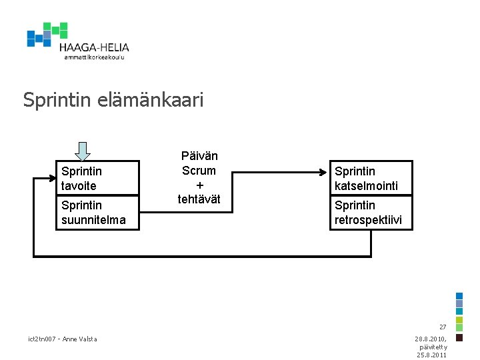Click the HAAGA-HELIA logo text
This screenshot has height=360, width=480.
pos(93,47)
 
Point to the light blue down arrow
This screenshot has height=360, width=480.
pos(82,151)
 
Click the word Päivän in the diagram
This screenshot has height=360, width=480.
pos(199,156)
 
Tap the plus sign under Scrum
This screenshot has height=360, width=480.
pos(199,185)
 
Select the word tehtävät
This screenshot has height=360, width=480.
pos(199,199)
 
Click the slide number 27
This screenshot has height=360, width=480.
pos(442,327)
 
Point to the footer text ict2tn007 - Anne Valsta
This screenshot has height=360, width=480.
pos(63,339)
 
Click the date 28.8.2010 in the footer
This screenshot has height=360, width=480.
pos(431,339)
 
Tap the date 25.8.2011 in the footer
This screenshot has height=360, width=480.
pos(432,355)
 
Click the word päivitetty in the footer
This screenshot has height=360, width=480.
pos(433,347)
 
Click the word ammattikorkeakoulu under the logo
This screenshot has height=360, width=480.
pos(94,57)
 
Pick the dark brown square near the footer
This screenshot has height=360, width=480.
pos(459,337)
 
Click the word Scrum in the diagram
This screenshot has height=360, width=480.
pos(199,170)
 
